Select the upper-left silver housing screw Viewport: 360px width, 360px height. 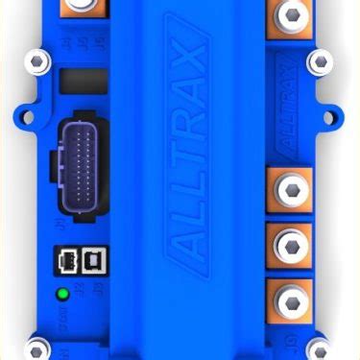(38, 62)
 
